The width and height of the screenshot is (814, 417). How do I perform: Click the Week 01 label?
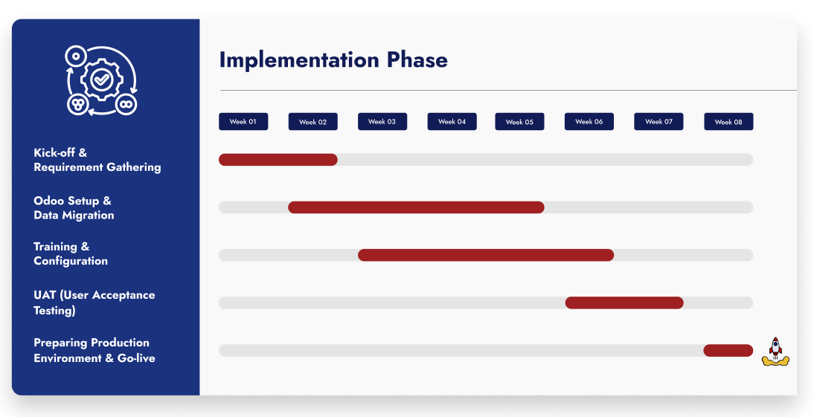pos(243,122)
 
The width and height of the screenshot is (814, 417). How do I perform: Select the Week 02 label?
pos(313,122)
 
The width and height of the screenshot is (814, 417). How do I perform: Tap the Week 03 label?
pos(382,122)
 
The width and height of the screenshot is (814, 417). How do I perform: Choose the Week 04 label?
pos(452,122)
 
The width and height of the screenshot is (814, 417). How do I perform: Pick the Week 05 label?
pos(519,122)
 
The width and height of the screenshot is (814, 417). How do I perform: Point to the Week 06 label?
pos(589,122)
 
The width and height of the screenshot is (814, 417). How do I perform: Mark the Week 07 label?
pos(658,122)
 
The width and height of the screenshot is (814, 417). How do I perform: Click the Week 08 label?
pos(728,122)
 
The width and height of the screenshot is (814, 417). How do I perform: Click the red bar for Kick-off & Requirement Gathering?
pos(278,160)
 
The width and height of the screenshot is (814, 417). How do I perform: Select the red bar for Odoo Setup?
pos(416,207)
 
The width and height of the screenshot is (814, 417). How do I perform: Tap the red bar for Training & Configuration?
pos(486,255)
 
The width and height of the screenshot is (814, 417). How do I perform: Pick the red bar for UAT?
pos(624,303)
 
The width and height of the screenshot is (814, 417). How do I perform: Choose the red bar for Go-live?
pos(728,350)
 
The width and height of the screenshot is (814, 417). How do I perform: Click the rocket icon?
pos(775,351)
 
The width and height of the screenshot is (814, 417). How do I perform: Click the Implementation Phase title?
pos(333,60)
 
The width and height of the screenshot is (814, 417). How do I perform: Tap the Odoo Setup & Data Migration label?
pos(74,208)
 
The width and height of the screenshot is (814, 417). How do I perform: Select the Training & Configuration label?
pos(71,253)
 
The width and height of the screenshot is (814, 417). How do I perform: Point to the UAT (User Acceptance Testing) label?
pos(94,303)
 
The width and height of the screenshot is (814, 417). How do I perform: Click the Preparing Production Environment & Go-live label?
pos(94,350)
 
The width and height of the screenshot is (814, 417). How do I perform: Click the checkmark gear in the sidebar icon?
pos(102,77)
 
